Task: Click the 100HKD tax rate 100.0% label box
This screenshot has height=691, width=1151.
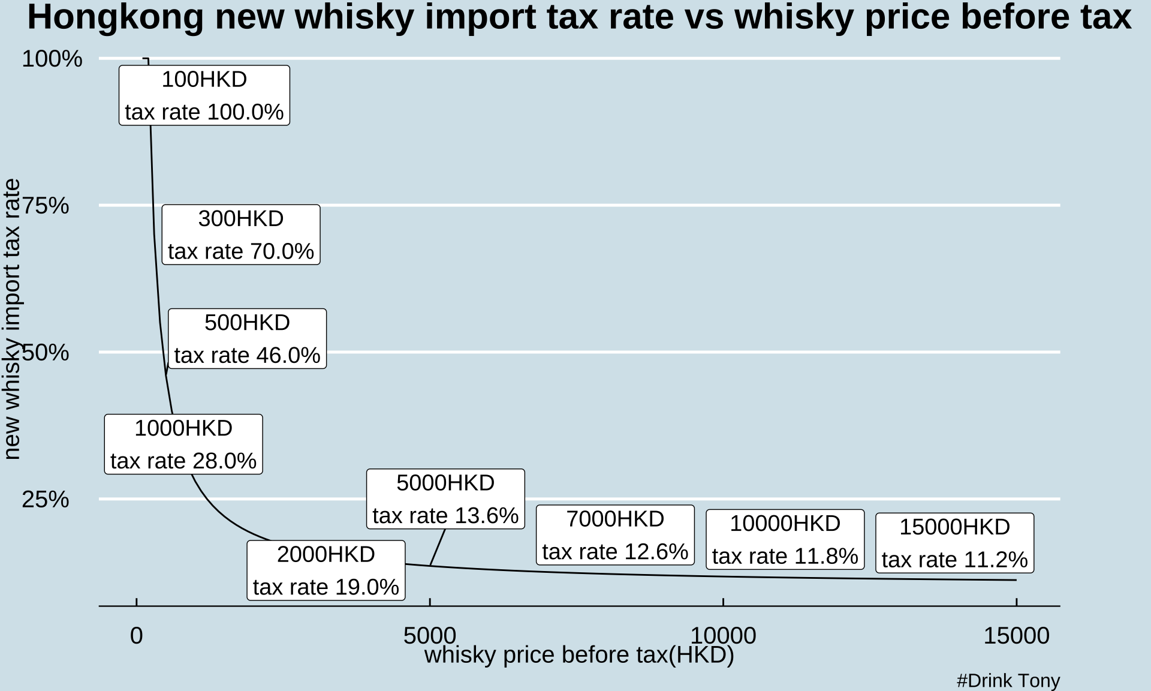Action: click(204, 95)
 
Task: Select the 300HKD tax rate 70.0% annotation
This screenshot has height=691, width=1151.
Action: click(241, 235)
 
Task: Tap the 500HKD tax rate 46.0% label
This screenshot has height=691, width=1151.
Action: click(247, 339)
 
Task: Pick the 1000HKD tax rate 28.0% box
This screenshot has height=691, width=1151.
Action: click(183, 444)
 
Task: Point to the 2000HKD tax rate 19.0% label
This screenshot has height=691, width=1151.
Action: click(326, 570)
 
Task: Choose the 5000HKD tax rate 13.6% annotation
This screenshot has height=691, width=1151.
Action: click(445, 499)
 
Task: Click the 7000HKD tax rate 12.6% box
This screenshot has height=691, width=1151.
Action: click(615, 535)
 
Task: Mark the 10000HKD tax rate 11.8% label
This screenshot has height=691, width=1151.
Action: click(785, 540)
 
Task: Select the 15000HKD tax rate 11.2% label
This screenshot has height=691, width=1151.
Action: click(954, 543)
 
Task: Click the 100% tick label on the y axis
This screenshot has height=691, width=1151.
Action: click(52, 59)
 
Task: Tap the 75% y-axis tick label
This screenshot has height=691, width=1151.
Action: click(46, 206)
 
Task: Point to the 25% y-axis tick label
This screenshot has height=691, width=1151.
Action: click(46, 499)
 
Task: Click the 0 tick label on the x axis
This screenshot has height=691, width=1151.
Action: click(137, 636)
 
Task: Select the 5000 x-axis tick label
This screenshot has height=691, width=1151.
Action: click(430, 636)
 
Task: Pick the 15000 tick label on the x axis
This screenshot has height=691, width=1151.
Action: click(1016, 636)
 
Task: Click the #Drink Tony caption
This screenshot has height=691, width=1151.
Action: click(1008, 681)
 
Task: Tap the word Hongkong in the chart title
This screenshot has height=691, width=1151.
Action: click(116, 17)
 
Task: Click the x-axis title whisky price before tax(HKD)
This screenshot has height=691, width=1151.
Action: click(579, 655)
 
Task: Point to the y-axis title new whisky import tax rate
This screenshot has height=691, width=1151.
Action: click(12, 319)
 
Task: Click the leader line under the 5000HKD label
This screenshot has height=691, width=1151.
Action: click(437, 547)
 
